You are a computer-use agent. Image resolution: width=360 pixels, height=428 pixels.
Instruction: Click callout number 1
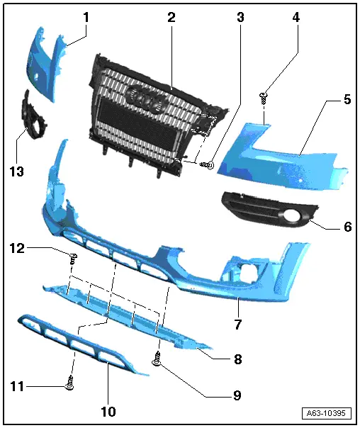pyautogui.click(x=86, y=15)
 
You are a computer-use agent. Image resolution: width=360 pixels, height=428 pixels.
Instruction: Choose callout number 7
pyautogui.click(x=238, y=325)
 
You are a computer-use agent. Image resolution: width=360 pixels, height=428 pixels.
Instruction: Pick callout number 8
pyautogui.click(x=237, y=359)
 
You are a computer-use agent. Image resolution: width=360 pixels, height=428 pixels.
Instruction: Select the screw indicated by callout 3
pyautogui.click(x=207, y=164)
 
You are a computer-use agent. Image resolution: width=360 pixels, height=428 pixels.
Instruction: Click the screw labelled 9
pyautogui.click(x=157, y=363)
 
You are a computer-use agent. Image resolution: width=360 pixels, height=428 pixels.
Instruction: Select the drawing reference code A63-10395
pyautogui.click(x=327, y=414)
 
